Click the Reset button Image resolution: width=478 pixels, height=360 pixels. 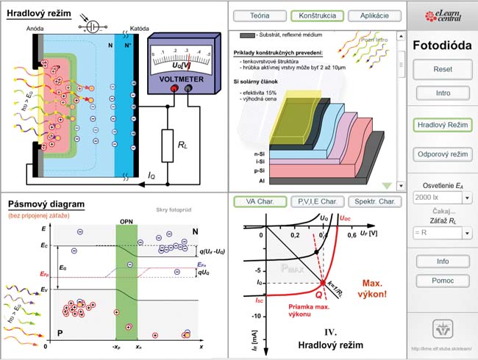[x=442, y=70]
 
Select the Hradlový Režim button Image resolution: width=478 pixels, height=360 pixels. [x=442, y=126]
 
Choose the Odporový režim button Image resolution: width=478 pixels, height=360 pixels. [x=442, y=155]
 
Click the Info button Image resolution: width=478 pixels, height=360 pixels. [x=442, y=261]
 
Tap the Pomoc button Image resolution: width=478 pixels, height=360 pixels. [x=442, y=279]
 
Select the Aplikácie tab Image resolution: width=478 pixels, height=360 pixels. [x=374, y=15]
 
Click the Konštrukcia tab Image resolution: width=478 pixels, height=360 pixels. [x=317, y=15]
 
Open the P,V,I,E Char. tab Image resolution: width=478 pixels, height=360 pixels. [x=317, y=201]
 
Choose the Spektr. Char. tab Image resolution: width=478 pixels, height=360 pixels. [x=375, y=201]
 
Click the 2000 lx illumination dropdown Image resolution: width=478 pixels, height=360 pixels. [x=442, y=198]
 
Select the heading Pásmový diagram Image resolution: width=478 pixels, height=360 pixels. [x=45, y=204]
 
